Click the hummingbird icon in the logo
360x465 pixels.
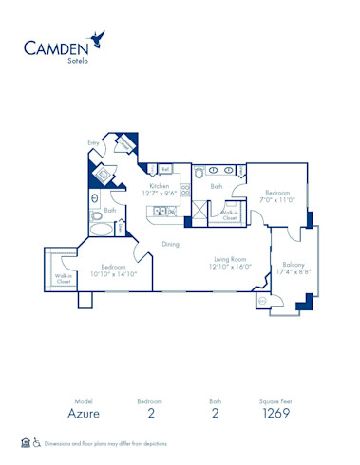click(x=96, y=38)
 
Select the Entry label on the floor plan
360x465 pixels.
click(x=93, y=142)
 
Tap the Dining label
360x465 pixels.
click(x=170, y=244)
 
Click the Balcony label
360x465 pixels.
click(x=294, y=265)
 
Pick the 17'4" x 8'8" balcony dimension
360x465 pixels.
click(x=294, y=273)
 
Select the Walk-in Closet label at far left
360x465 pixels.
click(x=64, y=279)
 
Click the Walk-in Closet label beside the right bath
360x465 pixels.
click(x=229, y=214)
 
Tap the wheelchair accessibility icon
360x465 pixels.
click(x=37, y=442)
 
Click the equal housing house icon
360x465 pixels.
click(x=25, y=442)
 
